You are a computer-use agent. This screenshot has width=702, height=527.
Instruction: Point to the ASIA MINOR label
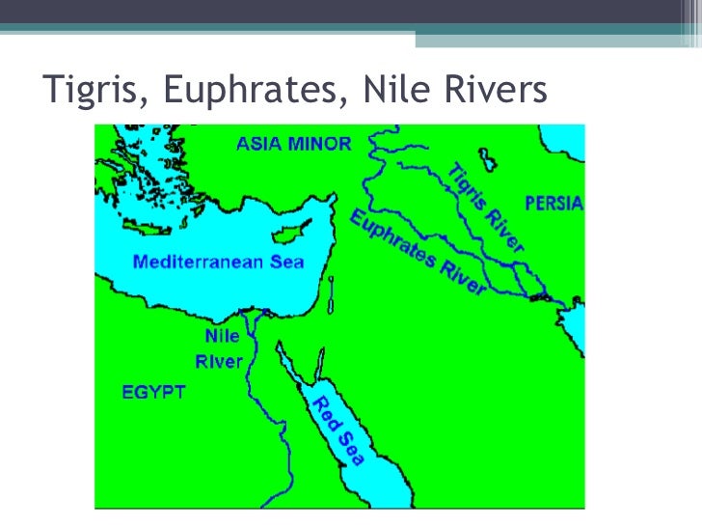[x=294, y=144]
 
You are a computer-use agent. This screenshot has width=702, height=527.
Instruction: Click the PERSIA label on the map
[x=553, y=204]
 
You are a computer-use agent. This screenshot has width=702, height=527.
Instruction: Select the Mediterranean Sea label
[x=218, y=262]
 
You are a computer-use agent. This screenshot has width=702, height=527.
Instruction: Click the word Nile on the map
[x=221, y=337]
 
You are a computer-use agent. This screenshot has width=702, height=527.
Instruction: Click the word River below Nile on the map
[x=219, y=361]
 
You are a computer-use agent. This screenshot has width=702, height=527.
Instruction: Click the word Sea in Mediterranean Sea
[x=286, y=262]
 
